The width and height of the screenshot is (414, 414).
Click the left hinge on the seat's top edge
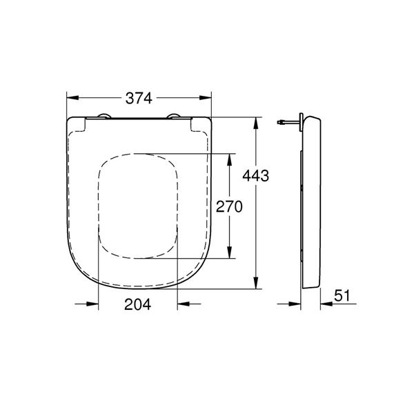coord(103,115)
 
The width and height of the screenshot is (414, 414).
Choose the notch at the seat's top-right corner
coord(199,124)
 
